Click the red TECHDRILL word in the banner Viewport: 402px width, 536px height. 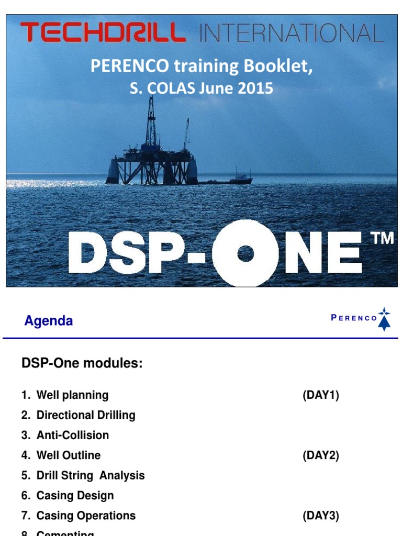(x=103, y=33)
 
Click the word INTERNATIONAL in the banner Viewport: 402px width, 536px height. (x=292, y=33)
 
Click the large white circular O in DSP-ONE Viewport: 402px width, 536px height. (x=245, y=253)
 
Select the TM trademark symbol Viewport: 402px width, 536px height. (x=382, y=239)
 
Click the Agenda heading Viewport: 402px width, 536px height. (x=48, y=321)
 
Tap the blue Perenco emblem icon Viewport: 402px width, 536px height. (x=385, y=319)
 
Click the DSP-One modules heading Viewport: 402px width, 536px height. (x=82, y=363)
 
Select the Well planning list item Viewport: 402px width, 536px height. (x=72, y=395)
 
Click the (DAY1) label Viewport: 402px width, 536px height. (x=320, y=395)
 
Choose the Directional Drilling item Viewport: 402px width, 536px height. (x=85, y=415)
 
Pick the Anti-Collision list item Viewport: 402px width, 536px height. (x=72, y=435)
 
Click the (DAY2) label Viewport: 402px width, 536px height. (x=320, y=455)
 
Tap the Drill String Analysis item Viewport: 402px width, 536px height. (x=90, y=475)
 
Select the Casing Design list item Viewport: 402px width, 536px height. (x=74, y=495)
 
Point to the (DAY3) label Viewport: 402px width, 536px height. (x=320, y=516)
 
